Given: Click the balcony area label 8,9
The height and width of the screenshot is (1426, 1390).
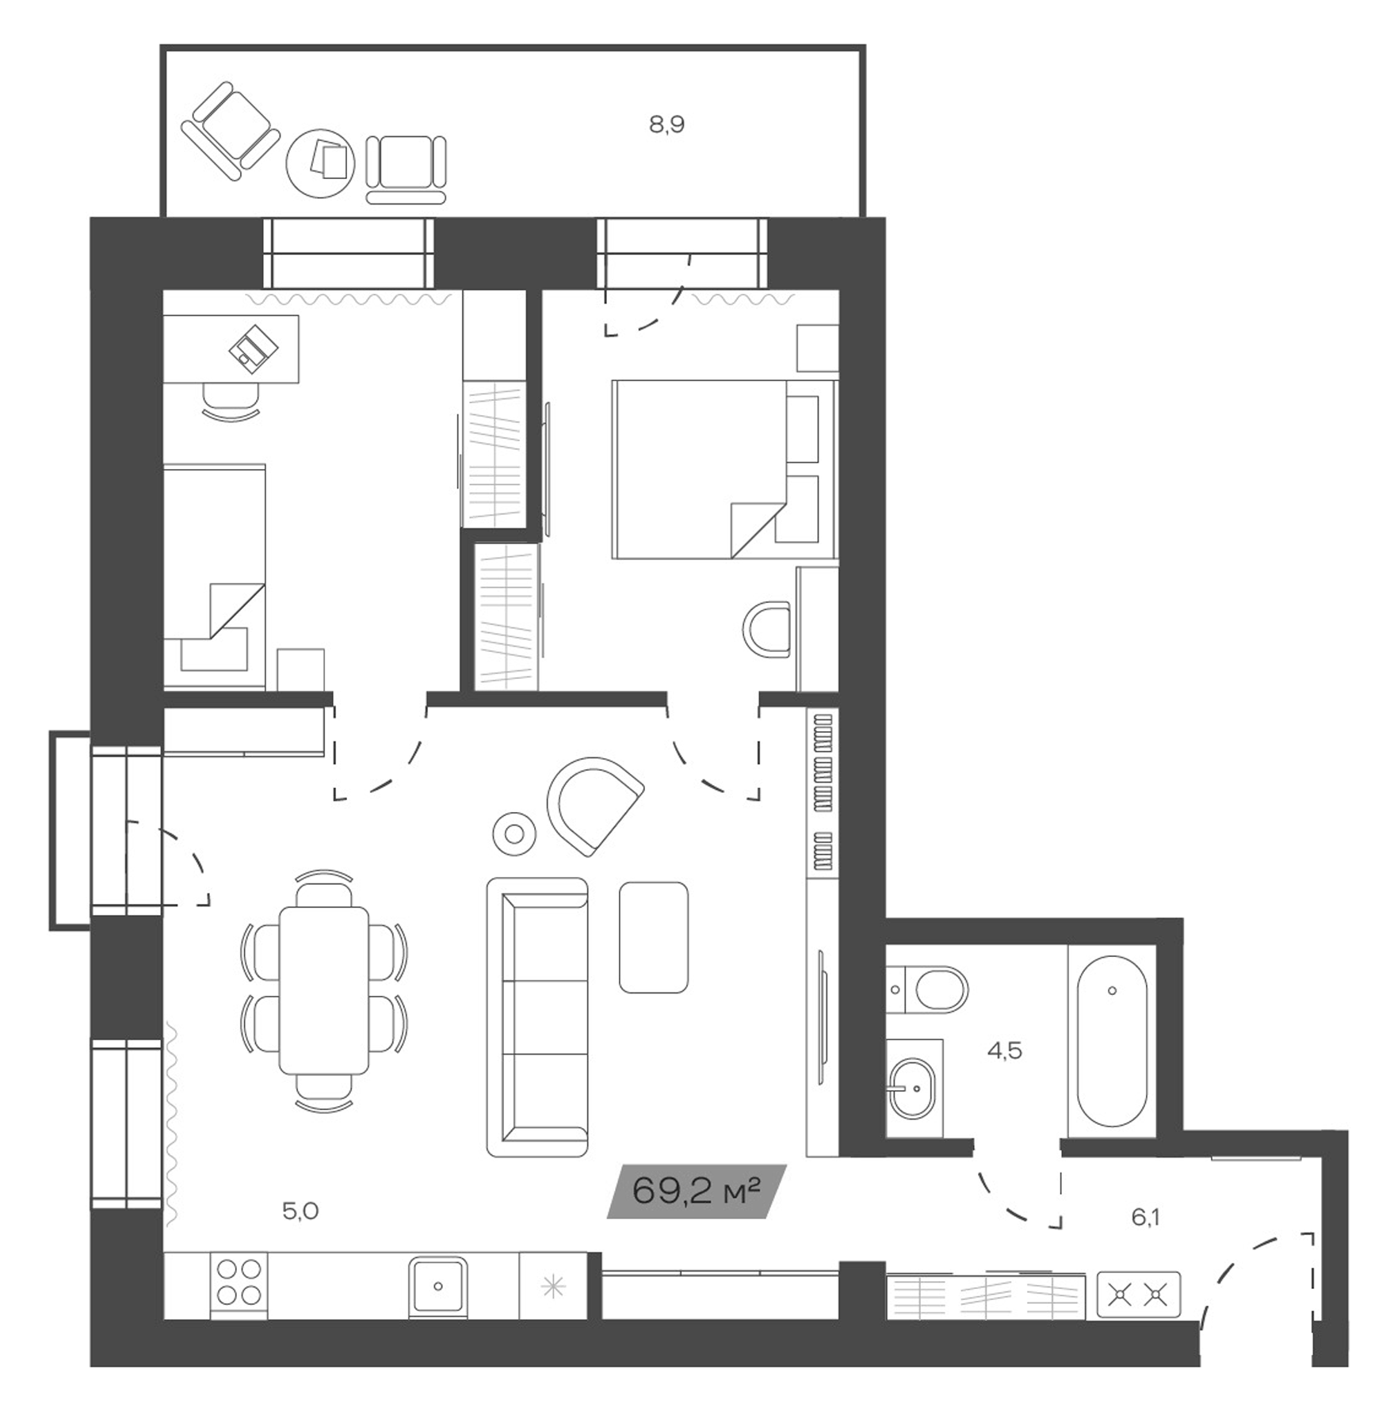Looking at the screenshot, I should [x=666, y=124].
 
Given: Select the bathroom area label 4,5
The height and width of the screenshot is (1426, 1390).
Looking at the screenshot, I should [x=1004, y=1051].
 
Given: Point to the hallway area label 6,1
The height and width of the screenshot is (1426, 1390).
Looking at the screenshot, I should [x=1145, y=1217].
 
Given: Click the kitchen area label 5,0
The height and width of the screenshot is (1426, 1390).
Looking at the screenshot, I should [x=300, y=1211].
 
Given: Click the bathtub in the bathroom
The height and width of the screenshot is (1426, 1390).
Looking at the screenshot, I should [x=1111, y=1041].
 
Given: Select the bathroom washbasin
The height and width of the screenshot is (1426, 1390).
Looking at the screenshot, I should [x=912, y=1088].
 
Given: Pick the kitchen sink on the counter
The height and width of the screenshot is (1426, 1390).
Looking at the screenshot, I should [x=437, y=1285].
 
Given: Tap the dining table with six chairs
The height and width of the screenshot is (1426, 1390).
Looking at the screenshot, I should [x=323, y=989].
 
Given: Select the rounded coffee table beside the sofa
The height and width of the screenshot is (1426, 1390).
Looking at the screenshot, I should [x=653, y=937].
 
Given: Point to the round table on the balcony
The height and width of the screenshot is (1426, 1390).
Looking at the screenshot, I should [x=320, y=162].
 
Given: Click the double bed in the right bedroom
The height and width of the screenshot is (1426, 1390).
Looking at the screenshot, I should [x=713, y=469].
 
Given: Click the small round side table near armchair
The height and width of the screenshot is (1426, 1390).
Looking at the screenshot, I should [x=514, y=833].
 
